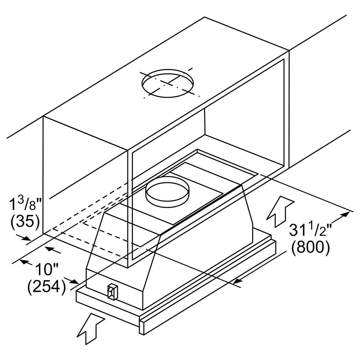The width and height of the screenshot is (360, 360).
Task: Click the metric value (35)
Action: click(24, 223)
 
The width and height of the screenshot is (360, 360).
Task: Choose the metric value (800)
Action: click(310, 248)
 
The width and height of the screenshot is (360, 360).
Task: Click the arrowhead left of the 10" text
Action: click(23, 261)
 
